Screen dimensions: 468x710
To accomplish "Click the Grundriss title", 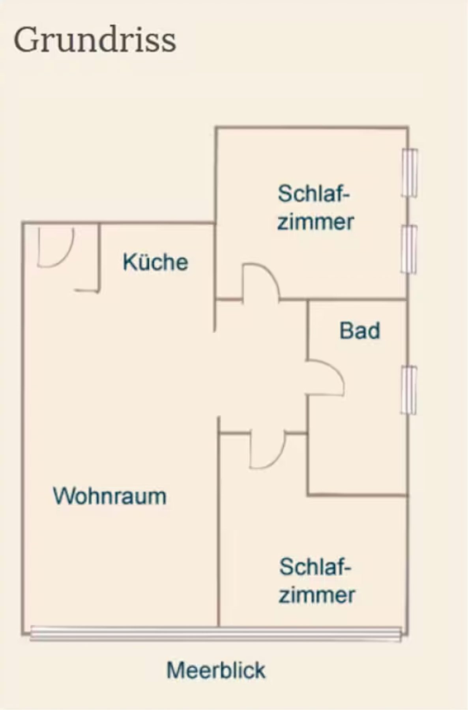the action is coord(95,40).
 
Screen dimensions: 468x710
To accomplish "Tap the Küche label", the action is coord(155,262).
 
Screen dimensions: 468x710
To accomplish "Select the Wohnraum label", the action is coord(110,496).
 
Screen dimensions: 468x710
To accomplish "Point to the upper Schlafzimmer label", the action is coord(316,207).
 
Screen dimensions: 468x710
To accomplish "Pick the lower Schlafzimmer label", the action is coord(317,581).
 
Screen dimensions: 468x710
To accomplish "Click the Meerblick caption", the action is coord(216,670).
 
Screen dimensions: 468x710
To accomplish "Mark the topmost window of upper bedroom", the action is coord(410,173).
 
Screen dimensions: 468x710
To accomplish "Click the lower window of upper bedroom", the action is coord(409,249).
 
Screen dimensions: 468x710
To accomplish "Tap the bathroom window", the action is coord(409,390).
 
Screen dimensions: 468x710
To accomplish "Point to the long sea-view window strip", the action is coord(215,633).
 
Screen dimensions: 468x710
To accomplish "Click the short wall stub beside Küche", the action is coord(99,258).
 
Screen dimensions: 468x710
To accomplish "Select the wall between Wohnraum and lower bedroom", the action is coord(218,522).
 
